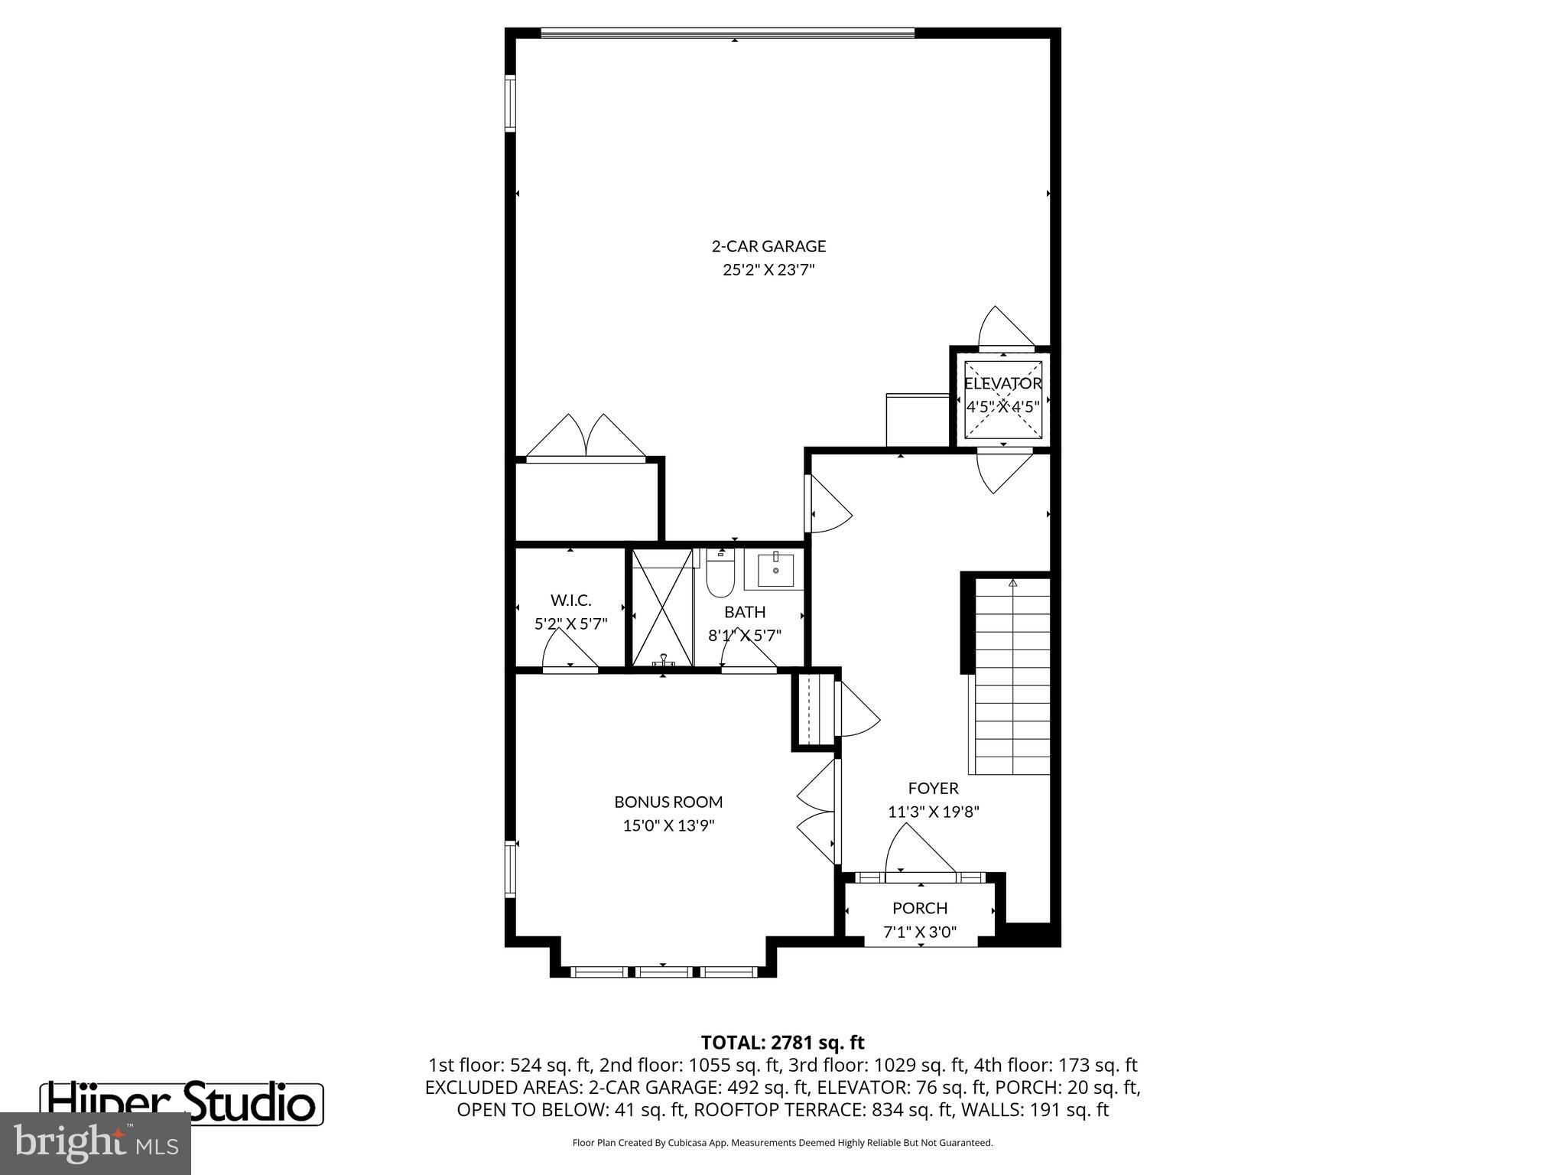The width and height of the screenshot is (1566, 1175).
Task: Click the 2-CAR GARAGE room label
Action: pyautogui.click(x=768, y=246)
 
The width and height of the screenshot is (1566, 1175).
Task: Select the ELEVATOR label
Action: pyautogui.click(x=1002, y=383)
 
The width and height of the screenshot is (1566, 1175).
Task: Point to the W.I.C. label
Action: pyautogui.click(x=570, y=601)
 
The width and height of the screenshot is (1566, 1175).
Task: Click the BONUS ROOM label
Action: pyautogui.click(x=668, y=802)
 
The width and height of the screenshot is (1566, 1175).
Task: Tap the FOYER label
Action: pyautogui.click(x=933, y=788)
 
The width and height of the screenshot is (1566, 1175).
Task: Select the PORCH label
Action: pyautogui.click(x=920, y=908)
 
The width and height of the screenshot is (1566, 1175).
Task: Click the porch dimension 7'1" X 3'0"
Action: pyautogui.click(x=920, y=932)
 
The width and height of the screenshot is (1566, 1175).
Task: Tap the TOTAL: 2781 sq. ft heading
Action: pyautogui.click(x=782, y=1042)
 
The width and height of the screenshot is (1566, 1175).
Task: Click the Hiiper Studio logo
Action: pyautogui.click(x=181, y=1104)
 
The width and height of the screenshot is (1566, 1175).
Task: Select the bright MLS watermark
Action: pyautogui.click(x=95, y=1143)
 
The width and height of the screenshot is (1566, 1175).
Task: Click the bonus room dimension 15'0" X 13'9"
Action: pyautogui.click(x=668, y=825)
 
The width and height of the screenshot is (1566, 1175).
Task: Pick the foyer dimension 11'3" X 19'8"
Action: pyautogui.click(x=933, y=812)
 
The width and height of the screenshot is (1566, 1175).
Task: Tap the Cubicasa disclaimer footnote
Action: pyautogui.click(x=782, y=1143)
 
